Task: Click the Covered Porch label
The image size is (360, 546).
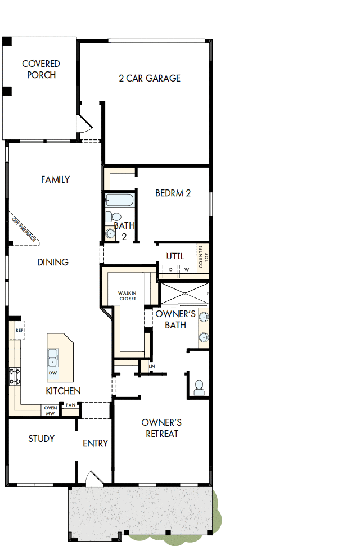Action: (x=41, y=70)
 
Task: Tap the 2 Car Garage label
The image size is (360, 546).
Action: (x=150, y=78)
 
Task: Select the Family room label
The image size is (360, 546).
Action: (x=55, y=179)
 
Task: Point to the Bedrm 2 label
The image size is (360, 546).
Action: (x=173, y=193)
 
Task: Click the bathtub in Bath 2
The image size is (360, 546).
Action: (x=119, y=200)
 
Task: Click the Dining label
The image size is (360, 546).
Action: (x=53, y=262)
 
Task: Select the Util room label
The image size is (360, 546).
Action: (x=175, y=256)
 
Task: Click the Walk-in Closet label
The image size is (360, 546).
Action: (x=128, y=296)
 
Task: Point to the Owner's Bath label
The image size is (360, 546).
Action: (x=175, y=319)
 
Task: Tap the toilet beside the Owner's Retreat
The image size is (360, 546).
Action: (x=198, y=386)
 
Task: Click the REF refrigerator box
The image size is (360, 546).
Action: (x=19, y=331)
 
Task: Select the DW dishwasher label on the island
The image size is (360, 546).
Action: (x=53, y=373)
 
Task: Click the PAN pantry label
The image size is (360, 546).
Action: (x=70, y=405)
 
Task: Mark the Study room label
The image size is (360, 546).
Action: (x=42, y=439)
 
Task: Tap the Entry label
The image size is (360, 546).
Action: (x=95, y=444)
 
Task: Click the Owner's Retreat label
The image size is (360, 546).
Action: (x=161, y=428)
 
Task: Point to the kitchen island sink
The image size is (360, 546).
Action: (x=52, y=355)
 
